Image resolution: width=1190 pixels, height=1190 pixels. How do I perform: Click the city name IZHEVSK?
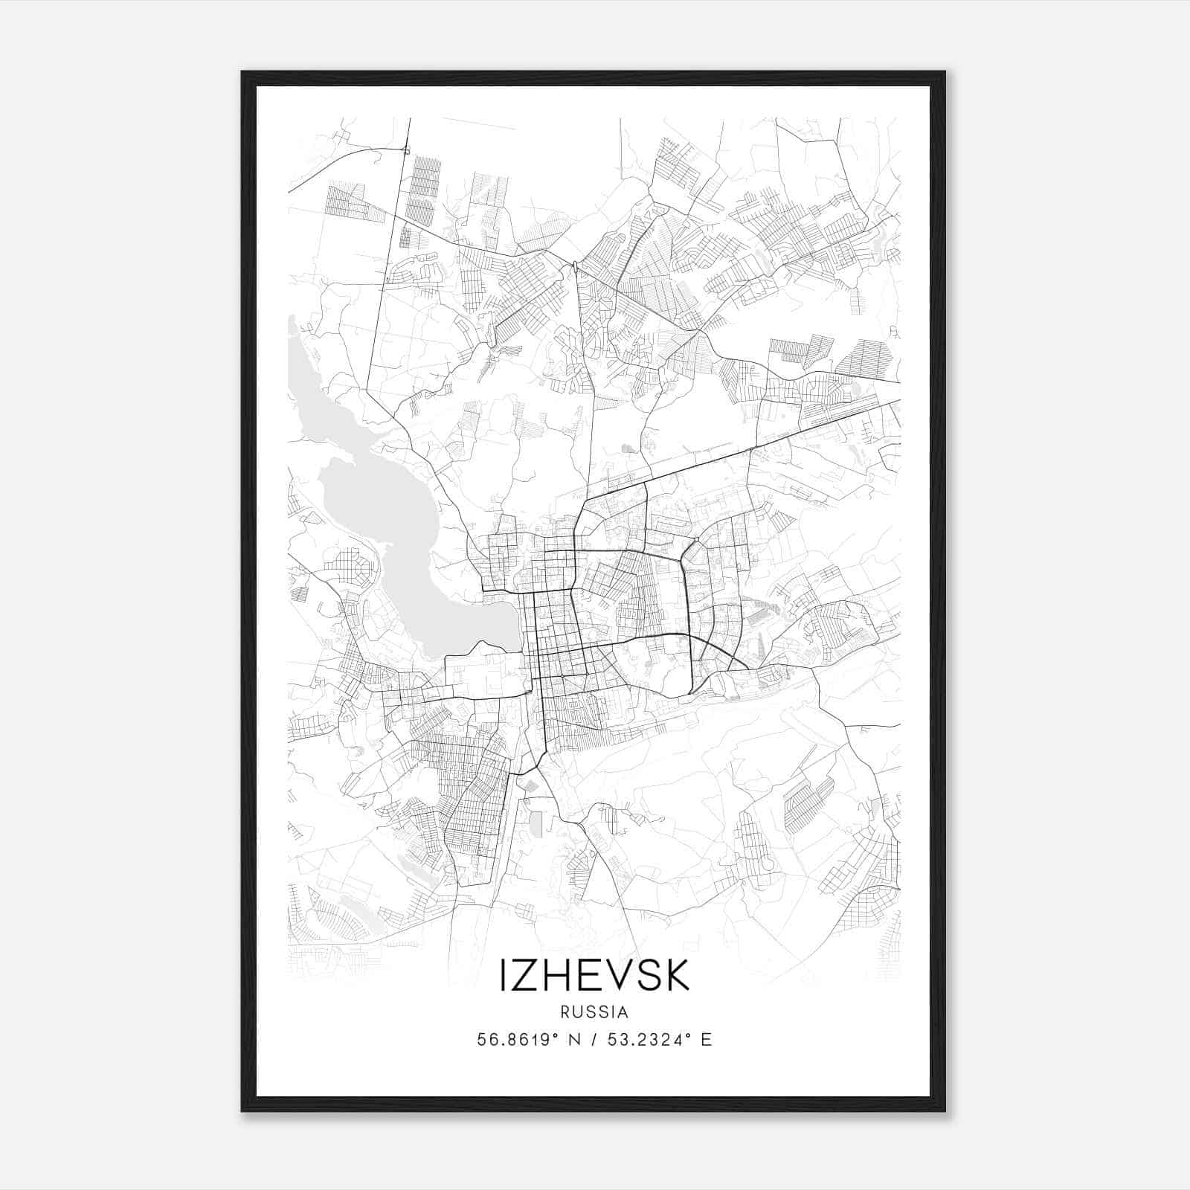coord(594,975)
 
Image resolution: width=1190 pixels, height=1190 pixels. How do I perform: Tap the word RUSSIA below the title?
coord(594,1012)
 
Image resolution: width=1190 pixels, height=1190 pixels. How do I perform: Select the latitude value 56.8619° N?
coord(529,1040)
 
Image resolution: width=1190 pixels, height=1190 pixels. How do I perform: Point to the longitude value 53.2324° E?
coord(659,1040)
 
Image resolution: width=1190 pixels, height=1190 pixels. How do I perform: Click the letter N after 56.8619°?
coord(573,1040)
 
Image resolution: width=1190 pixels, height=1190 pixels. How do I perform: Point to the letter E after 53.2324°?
coord(707,1040)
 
